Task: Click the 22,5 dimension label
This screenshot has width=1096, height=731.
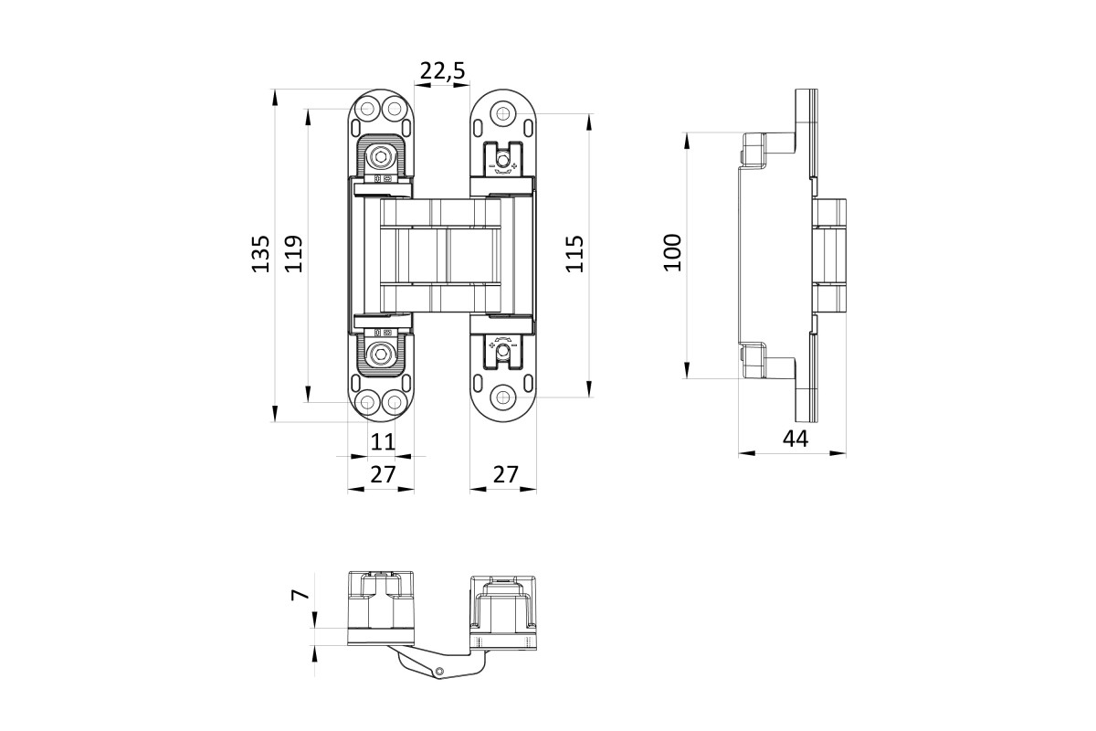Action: click(x=442, y=71)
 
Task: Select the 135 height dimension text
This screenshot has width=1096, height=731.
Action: click(x=261, y=254)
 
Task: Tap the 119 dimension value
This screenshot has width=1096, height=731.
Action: click(x=294, y=254)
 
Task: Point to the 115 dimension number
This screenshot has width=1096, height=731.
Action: click(x=574, y=254)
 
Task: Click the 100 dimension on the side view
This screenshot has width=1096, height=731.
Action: click(x=672, y=252)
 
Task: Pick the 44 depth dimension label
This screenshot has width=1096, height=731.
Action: click(x=796, y=439)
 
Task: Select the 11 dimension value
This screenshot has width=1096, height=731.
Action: click(x=383, y=441)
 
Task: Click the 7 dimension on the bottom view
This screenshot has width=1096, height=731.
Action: click(x=300, y=595)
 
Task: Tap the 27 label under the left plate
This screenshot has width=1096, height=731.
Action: click(x=383, y=474)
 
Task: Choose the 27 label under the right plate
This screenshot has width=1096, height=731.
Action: click(x=505, y=474)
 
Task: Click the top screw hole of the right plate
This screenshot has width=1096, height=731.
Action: click(x=502, y=114)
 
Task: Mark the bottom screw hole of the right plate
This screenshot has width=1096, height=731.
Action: click(x=502, y=397)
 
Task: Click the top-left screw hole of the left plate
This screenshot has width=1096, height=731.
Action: click(x=367, y=108)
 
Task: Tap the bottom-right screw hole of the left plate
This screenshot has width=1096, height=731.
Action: click(x=394, y=403)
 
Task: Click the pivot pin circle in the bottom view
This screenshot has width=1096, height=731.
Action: click(x=439, y=671)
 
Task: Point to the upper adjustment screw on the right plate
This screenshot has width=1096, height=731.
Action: click(x=502, y=160)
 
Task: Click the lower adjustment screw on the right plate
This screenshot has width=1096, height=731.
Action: click(x=502, y=351)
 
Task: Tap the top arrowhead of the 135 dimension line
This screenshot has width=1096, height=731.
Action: click(x=275, y=97)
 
